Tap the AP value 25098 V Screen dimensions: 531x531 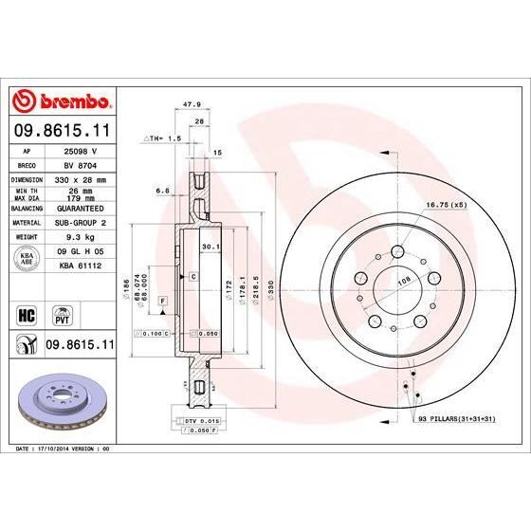pyautogui.click(x=82, y=150)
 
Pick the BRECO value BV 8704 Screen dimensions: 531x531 pyautogui.click(x=82, y=164)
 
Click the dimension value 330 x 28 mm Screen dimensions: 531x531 pyautogui.click(x=82, y=178)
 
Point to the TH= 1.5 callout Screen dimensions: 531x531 pyautogui.click(x=163, y=137)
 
